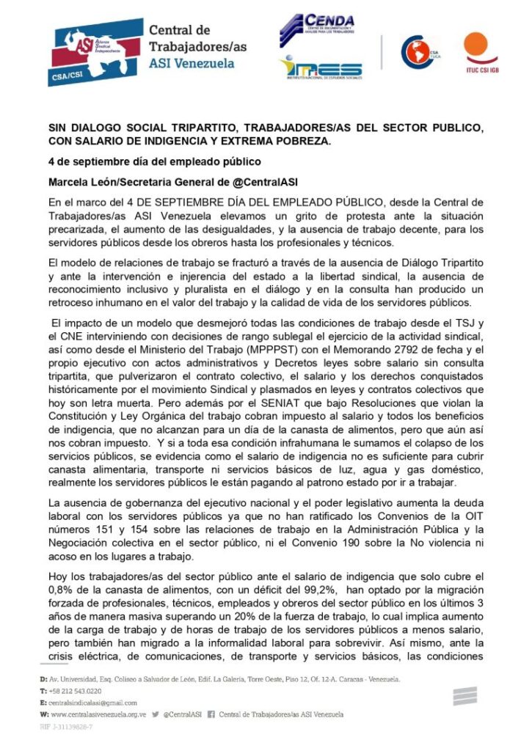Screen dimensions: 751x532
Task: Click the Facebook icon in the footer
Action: click(211, 714)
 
